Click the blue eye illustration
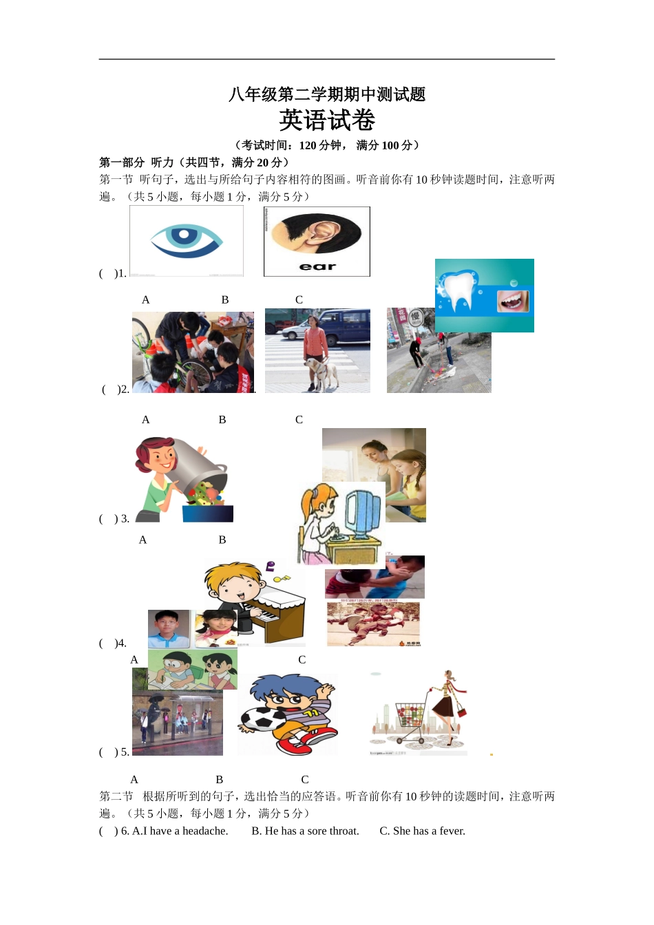187,240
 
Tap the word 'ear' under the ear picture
317,266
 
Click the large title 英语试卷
327,120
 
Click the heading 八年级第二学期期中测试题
327,94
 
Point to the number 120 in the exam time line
308,145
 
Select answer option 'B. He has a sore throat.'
305,831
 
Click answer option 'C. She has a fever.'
422,831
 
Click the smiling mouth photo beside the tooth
513,301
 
